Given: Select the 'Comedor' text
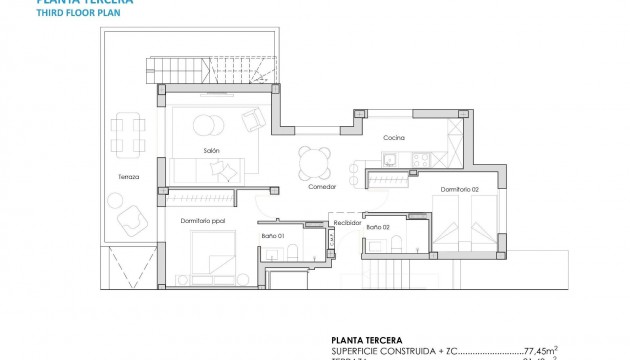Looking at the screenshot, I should (x=321, y=186).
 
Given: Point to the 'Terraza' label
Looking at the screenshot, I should (x=127, y=177).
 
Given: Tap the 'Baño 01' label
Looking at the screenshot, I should (x=274, y=235).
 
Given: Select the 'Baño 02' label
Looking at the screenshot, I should (x=378, y=228).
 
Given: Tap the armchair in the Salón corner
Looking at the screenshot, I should (x=254, y=120).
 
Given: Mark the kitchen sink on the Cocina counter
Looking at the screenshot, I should (x=389, y=158).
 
